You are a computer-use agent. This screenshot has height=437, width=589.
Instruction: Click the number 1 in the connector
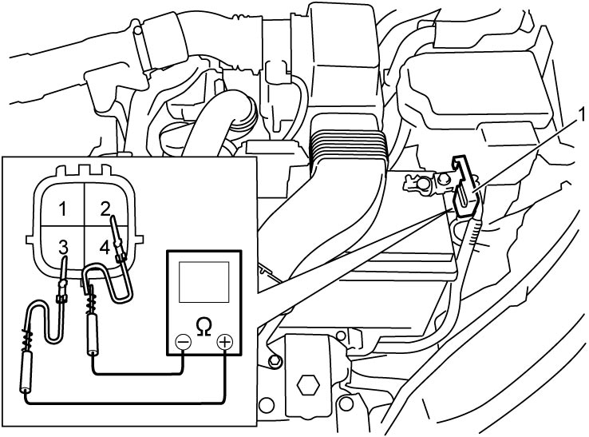(x=63, y=209)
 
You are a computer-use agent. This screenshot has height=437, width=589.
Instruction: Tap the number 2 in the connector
(x=105, y=209)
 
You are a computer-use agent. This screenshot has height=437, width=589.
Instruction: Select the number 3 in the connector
(x=63, y=248)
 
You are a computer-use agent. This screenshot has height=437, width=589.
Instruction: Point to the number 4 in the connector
(x=105, y=248)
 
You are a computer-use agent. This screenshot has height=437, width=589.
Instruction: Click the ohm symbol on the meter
(x=204, y=327)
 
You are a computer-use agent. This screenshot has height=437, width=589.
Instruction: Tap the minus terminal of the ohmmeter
(x=184, y=342)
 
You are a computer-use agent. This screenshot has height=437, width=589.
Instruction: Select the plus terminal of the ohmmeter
(x=224, y=342)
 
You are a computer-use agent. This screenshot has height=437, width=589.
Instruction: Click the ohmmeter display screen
(x=204, y=282)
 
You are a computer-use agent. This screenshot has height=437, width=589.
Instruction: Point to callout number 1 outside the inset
(x=582, y=115)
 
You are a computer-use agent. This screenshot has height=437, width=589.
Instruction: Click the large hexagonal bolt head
(x=308, y=385)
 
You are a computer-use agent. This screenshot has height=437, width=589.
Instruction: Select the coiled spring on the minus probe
(x=92, y=303)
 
